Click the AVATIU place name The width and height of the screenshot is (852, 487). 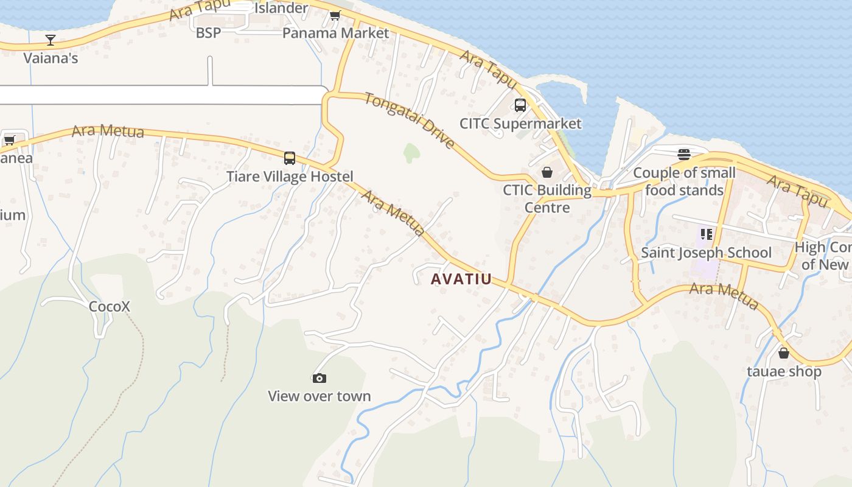[x=461, y=279]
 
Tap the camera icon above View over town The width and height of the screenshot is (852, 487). [x=319, y=378]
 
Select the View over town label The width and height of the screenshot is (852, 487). [x=319, y=396]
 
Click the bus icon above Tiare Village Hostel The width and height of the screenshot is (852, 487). [x=290, y=158]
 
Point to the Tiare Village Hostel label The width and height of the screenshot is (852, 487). [x=290, y=177]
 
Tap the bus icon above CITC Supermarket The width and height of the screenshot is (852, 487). [x=520, y=105]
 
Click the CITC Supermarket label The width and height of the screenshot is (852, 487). [x=520, y=124]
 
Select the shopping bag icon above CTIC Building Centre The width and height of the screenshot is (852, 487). [x=547, y=172]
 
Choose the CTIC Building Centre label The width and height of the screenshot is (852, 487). [x=547, y=199]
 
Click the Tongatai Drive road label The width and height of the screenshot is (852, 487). [x=410, y=120]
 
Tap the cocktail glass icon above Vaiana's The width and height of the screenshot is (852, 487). [x=51, y=40]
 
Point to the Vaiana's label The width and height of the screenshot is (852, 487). [x=51, y=58]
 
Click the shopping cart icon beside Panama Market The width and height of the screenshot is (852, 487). [x=335, y=16]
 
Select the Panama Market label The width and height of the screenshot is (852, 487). [x=335, y=33]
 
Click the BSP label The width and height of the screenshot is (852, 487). [x=208, y=33]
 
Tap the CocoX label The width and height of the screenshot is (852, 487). [x=110, y=306]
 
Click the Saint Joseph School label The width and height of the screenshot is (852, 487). [x=706, y=253]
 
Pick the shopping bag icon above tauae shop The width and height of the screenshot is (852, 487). [x=784, y=353]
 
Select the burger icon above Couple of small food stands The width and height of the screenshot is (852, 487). [x=684, y=155]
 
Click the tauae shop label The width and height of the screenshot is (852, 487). [x=784, y=371]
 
